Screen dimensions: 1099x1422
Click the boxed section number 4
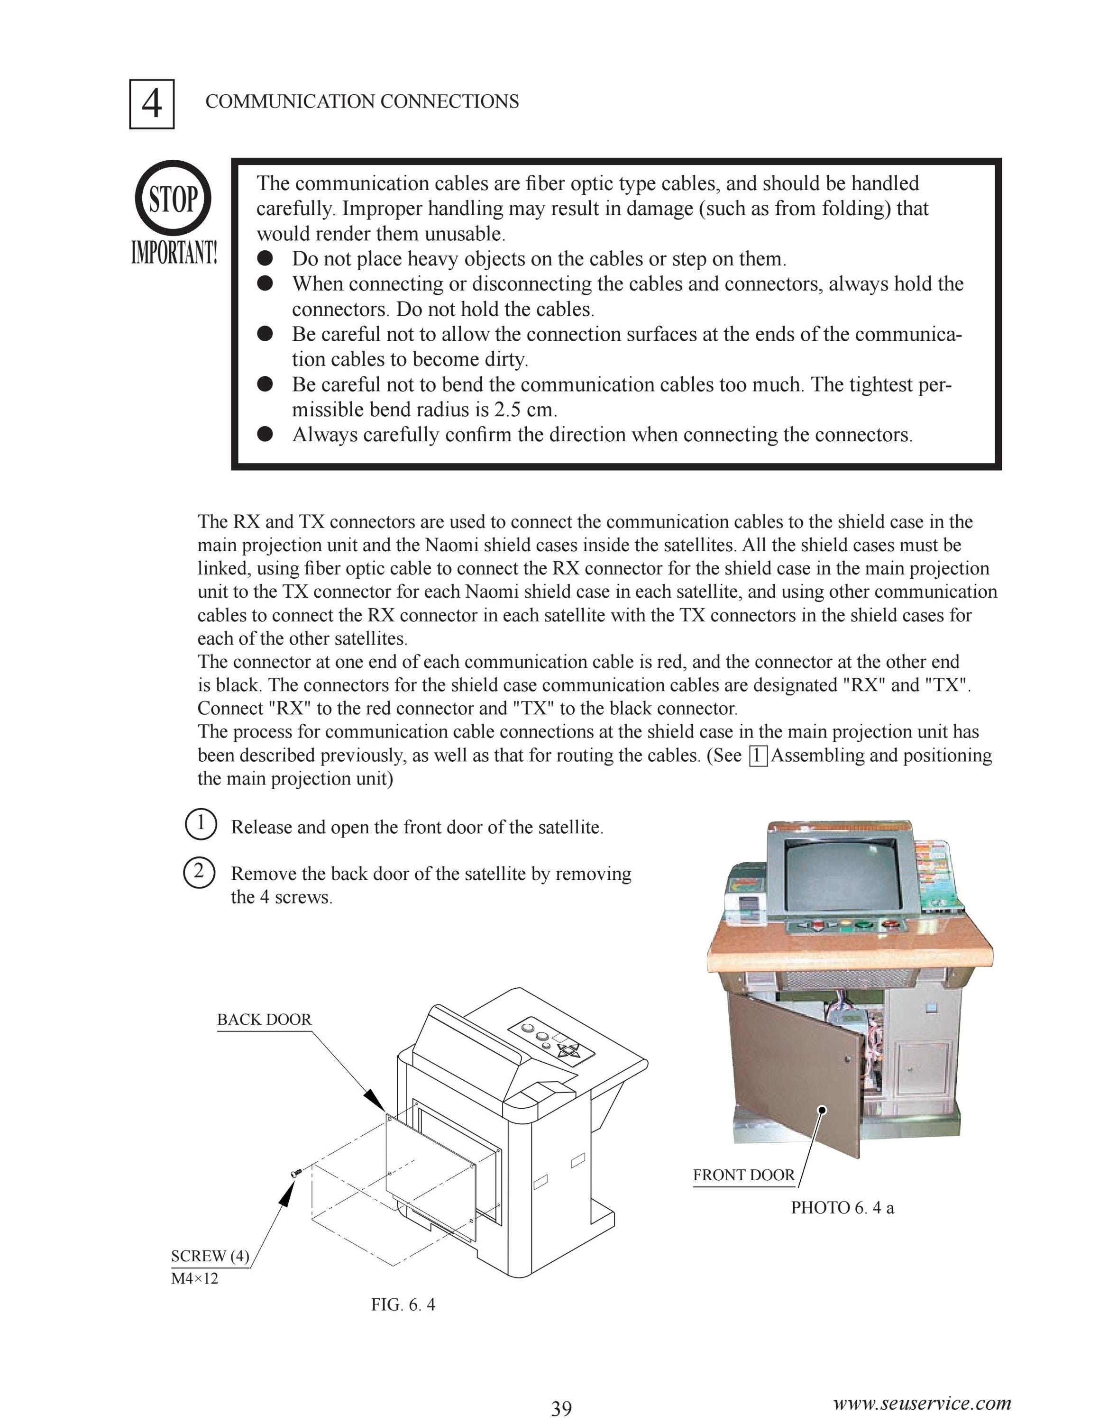click(x=152, y=103)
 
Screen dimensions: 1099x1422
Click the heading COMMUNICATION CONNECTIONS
click(x=362, y=101)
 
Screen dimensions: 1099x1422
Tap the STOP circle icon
click(x=173, y=199)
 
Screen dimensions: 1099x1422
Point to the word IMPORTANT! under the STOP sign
click(x=174, y=253)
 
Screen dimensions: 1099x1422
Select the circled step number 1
click(x=201, y=824)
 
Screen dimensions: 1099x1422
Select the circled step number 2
click(x=201, y=871)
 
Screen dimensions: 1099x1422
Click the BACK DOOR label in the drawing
click(x=265, y=1020)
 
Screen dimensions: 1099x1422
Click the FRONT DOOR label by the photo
click(x=743, y=1175)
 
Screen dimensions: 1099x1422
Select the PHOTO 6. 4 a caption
click(x=843, y=1208)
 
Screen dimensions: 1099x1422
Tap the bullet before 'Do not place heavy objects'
click(x=265, y=258)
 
